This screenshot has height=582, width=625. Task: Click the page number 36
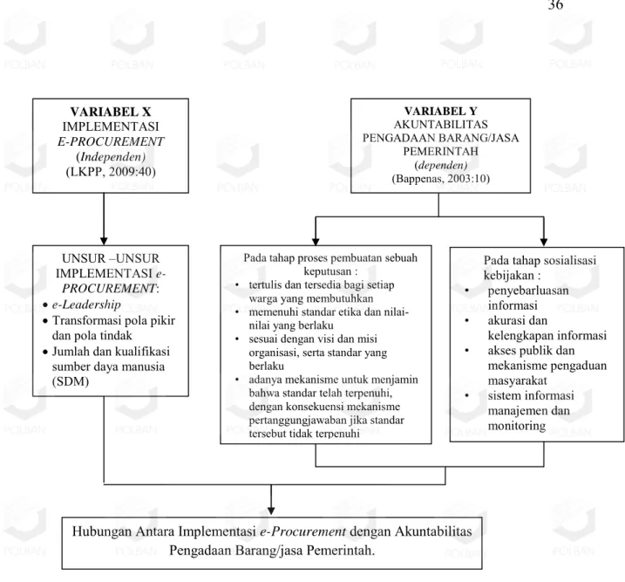pos(555,4)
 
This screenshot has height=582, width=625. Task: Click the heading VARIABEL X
pos(111,112)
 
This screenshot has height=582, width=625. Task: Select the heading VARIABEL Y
pos(440,111)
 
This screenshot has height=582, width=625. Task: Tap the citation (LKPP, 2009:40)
pos(111,172)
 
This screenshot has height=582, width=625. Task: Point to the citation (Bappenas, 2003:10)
pos(440,178)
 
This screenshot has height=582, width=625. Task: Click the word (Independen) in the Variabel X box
pos(111,156)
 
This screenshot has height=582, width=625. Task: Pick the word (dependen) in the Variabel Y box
pos(440,165)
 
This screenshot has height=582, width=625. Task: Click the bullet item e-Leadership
pos(86,305)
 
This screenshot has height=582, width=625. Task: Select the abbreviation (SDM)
pos(70,381)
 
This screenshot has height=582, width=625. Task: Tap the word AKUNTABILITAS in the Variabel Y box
pos(440,125)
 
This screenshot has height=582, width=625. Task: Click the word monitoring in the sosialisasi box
pos(517,426)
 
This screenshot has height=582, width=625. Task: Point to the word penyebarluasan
pos(528,291)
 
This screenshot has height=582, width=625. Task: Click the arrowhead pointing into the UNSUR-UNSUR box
pos(104,241)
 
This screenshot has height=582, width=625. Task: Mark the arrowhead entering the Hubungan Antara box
pos(271,510)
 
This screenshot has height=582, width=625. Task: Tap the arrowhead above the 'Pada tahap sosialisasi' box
pos(544,242)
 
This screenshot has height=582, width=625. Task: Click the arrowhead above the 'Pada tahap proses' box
pos(316,242)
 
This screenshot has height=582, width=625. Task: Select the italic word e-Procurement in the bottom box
pos(302,531)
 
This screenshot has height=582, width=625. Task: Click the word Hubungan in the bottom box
pos(102,531)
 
